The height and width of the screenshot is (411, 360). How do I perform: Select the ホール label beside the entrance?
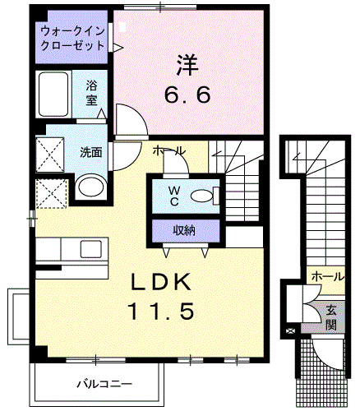point(328,277)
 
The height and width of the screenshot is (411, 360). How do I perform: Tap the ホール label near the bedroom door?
point(169,151)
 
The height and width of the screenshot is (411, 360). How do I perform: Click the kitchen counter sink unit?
point(72,249)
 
